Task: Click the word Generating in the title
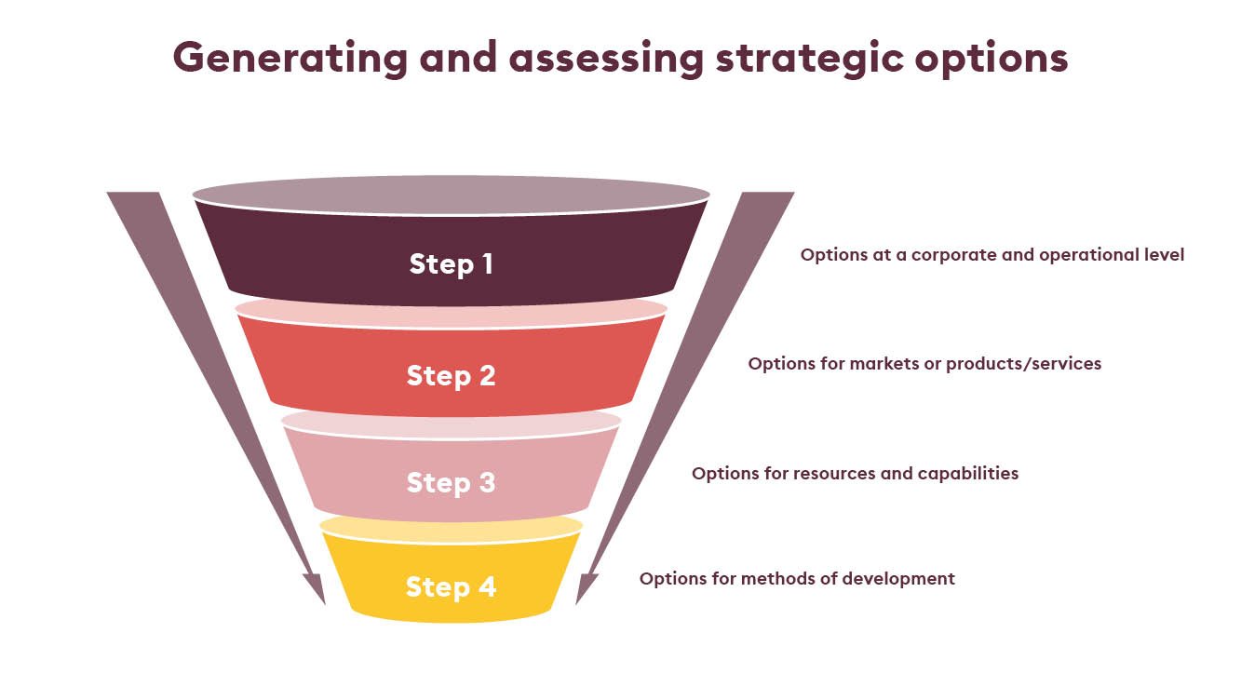pyautogui.click(x=290, y=59)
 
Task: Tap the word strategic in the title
pyautogui.click(x=809, y=59)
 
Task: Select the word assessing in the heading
pyautogui.click(x=607, y=59)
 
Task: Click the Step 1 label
pyautogui.click(x=451, y=263)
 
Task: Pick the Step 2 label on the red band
pyautogui.click(x=451, y=375)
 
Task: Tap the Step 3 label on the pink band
pyautogui.click(x=451, y=482)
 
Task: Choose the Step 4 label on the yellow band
pyautogui.click(x=451, y=587)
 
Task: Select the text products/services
pyautogui.click(x=1023, y=364)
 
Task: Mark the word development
pyautogui.click(x=898, y=579)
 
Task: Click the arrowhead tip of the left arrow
pyautogui.click(x=325, y=604)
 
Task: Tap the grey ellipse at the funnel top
pyautogui.click(x=451, y=195)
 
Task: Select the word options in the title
pyautogui.click(x=991, y=59)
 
